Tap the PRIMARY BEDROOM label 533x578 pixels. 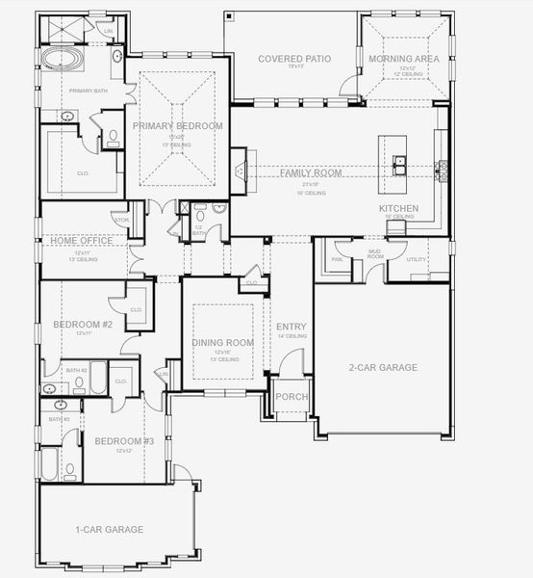pyautogui.click(x=178, y=126)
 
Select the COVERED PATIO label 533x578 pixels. pyautogui.click(x=294, y=59)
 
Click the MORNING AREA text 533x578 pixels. pyautogui.click(x=404, y=59)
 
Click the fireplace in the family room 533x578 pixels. pyautogui.click(x=239, y=171)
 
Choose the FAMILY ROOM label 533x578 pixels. pyautogui.click(x=311, y=172)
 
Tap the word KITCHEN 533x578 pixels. pyautogui.click(x=398, y=208)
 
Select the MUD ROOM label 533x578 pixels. pyautogui.click(x=375, y=254)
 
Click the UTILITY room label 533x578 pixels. pyautogui.click(x=417, y=259)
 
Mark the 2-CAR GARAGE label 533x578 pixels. pyautogui.click(x=383, y=367)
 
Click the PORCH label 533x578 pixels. pyautogui.click(x=291, y=396)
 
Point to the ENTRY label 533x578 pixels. pyautogui.click(x=292, y=328)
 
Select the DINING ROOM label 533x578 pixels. pyautogui.click(x=223, y=342)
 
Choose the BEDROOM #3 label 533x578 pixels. pyautogui.click(x=124, y=441)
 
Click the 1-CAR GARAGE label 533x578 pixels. pyautogui.click(x=110, y=529)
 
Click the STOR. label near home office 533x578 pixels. pyautogui.click(x=121, y=221)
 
